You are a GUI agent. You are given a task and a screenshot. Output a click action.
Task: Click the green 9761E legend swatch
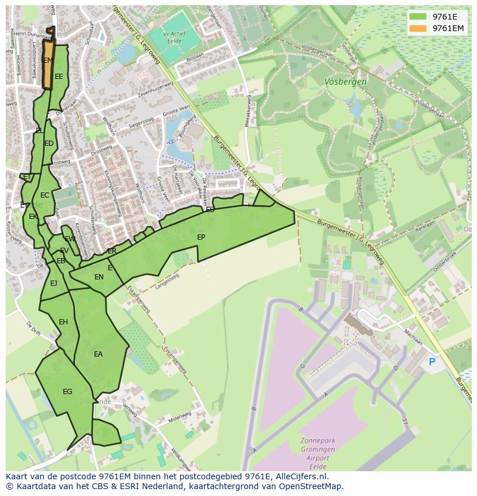tap(418, 17)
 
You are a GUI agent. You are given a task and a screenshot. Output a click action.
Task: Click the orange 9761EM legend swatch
tap(418, 28)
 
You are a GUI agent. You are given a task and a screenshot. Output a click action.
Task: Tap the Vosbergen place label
tap(345, 82)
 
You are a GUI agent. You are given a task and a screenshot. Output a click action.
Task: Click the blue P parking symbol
tap(432, 362)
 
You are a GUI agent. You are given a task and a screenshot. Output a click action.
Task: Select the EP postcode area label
tap(201, 237)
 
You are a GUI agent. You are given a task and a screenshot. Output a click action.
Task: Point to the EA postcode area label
tap(98, 354)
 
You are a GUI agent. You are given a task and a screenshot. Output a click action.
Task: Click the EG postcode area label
tap(67, 392)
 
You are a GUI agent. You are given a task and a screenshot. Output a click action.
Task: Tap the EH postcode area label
tap(63, 322)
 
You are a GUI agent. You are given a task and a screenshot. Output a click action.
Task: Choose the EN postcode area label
tap(99, 277)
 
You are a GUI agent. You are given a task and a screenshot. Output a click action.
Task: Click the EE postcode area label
tap(59, 77)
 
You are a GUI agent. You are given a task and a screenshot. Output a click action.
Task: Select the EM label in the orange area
tap(48, 60)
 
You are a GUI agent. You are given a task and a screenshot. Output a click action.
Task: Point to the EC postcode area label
tap(44, 195)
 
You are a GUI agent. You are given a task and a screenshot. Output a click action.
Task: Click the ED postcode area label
tap(49, 144)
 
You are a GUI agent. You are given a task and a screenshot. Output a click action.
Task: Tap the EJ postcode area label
tap(54, 283)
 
